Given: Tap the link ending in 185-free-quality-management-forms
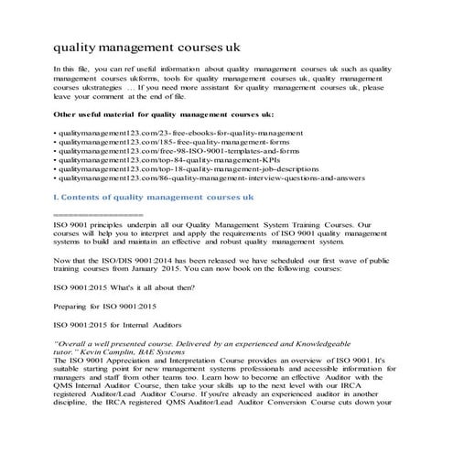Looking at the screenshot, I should pyautogui.click(x=166, y=145).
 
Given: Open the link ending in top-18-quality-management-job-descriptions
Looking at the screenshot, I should pyautogui.click(x=185, y=178).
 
